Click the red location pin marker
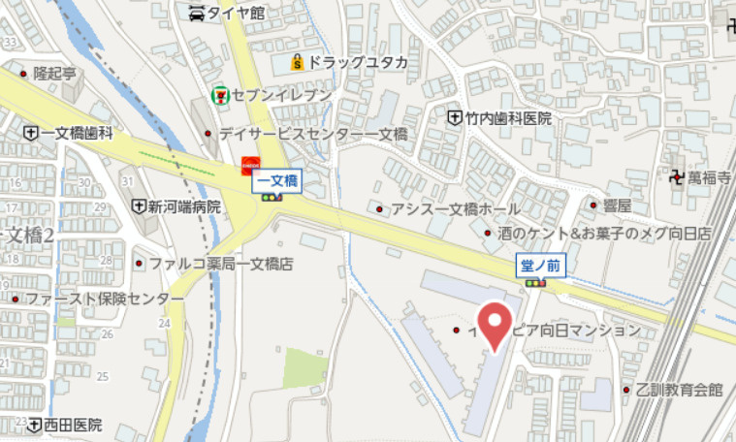click(x=496, y=323)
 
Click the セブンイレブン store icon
click(x=221, y=95)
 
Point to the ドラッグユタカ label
click(x=359, y=63)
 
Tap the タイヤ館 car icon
click(x=198, y=13)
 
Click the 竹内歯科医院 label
click(x=507, y=118)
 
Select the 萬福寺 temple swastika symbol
click(x=675, y=176)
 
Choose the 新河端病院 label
click(x=184, y=206)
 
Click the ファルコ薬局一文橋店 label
click(x=221, y=263)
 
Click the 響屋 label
click(x=617, y=205)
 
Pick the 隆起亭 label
click(x=54, y=73)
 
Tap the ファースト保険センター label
click(x=104, y=299)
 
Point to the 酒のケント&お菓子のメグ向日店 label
click(x=604, y=234)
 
